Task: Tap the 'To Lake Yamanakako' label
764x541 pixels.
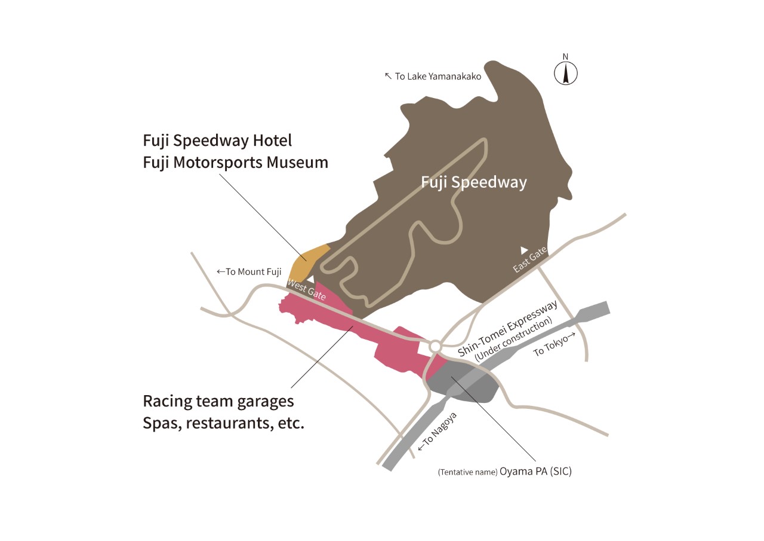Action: coord(433,76)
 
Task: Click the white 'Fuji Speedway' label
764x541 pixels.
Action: coord(474,182)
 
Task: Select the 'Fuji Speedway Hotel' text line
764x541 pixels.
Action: coord(217,140)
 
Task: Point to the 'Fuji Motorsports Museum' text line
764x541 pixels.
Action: coord(235,162)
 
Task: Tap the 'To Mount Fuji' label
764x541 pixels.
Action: coord(249,271)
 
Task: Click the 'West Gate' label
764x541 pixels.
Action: coord(307,289)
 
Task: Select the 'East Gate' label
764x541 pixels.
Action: coord(529,261)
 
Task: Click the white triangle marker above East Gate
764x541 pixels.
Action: coord(524,249)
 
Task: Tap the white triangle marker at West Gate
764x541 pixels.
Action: coord(310,279)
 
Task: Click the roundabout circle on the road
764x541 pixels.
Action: coord(435,347)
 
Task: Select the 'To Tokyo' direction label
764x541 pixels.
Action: coord(556,346)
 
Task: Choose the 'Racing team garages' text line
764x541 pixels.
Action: coord(218,401)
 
